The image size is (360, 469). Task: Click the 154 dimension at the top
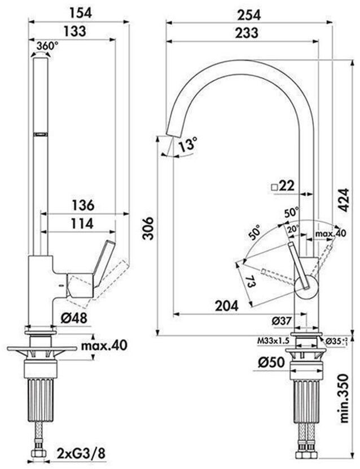point(79,11)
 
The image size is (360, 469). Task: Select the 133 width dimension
point(75,32)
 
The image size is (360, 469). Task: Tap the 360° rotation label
point(47,46)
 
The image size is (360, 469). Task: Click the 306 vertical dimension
point(147,227)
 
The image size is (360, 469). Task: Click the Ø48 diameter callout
point(74,318)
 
